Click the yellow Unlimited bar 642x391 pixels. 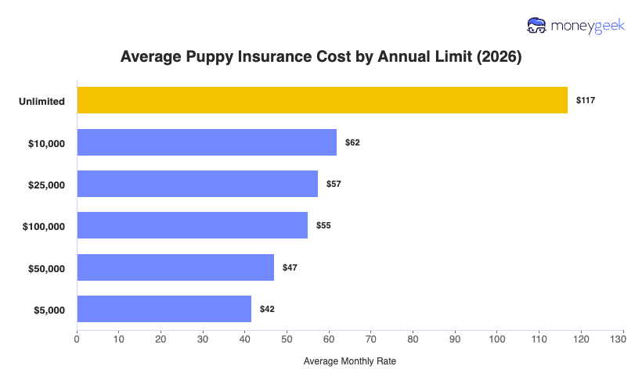tap(322, 100)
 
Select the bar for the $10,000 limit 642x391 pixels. tap(207, 142)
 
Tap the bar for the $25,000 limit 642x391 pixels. tap(197, 184)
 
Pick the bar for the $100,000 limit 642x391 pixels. tap(192, 225)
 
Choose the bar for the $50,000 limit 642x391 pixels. tap(175, 267)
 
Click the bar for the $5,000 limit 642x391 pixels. tap(164, 309)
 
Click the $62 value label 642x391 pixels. tap(352, 142)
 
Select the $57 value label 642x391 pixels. tap(334, 184)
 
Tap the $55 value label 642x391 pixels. tap(323, 225)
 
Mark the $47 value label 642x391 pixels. tap(290, 267)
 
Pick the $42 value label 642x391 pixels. tap(267, 309)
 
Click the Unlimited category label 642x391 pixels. tap(42, 102)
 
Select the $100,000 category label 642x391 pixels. tap(43, 227)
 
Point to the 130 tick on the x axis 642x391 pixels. tap(623, 339)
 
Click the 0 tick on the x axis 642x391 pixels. tap(77, 339)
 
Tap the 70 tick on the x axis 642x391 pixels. tap(371, 339)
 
